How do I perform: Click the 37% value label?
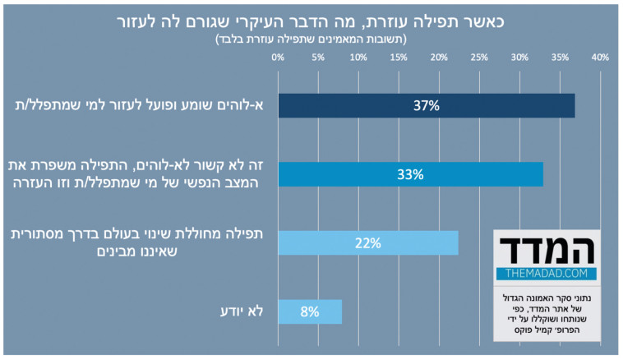coord(427,106)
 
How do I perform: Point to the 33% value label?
coord(410,174)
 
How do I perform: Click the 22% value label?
coord(367,242)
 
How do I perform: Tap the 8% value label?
coord(310,312)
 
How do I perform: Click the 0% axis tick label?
coord(278,58)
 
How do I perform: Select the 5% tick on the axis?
coord(318,58)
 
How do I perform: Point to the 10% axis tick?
coord(358,58)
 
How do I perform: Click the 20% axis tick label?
coord(439,58)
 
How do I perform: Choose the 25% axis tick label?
coord(479,58)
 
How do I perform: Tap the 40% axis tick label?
coord(599,58)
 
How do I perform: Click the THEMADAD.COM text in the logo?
coord(547,272)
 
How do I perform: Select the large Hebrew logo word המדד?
coord(547,247)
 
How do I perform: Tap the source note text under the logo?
coord(546,312)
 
